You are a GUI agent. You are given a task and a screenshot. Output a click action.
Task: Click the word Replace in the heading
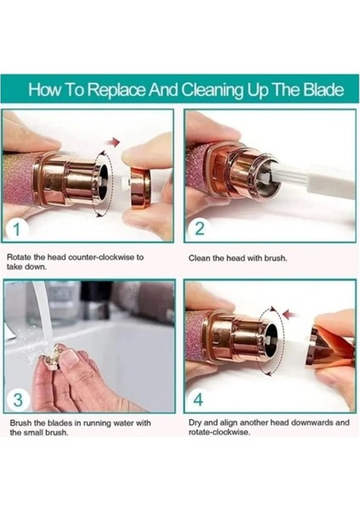(116, 90)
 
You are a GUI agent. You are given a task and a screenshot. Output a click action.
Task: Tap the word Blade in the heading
(323, 89)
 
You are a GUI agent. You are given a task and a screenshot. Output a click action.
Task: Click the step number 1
(17, 229)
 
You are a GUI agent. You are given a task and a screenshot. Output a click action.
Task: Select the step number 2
(200, 228)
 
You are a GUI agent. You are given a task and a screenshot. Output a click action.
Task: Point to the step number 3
(18, 400)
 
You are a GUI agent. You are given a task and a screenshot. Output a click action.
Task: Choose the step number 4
(198, 399)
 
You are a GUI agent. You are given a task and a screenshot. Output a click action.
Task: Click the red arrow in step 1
(114, 142)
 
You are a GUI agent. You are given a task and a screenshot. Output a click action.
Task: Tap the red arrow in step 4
(290, 314)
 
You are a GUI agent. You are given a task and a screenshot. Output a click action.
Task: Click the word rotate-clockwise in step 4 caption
(219, 433)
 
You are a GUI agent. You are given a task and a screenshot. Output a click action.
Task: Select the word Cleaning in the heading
(212, 90)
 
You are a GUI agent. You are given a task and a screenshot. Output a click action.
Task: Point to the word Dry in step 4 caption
(195, 423)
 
